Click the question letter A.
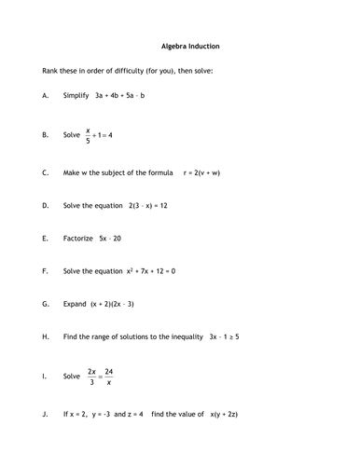point(46,95)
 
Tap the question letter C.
point(46,173)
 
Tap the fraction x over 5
point(89,135)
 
